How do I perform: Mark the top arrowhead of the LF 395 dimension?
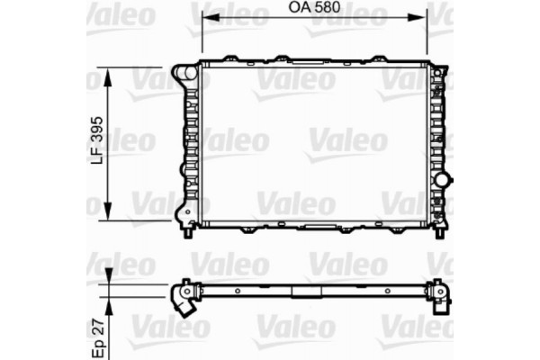point(109,73)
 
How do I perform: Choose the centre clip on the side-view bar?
point(303,291)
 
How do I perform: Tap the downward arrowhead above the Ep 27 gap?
point(109,278)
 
